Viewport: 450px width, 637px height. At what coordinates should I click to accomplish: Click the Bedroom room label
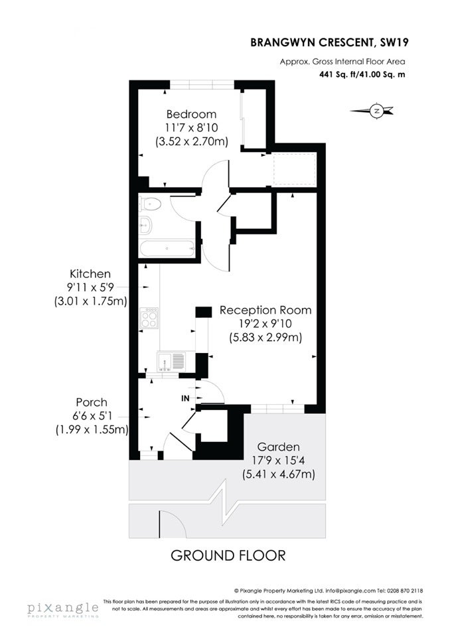[191, 114]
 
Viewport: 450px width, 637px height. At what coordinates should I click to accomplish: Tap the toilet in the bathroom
[149, 204]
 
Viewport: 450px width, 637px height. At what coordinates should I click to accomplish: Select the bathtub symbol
[167, 249]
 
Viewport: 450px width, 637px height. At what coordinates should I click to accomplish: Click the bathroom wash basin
[145, 226]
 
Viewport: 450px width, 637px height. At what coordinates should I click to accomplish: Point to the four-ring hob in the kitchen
[149, 318]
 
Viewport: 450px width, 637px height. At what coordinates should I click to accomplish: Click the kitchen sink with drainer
[171, 361]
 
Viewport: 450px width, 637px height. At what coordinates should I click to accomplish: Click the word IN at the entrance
[185, 399]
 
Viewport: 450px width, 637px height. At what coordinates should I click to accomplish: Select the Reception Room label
[265, 311]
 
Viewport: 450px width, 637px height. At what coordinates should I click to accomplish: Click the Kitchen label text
[90, 274]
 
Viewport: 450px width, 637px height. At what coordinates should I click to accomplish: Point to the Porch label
[92, 402]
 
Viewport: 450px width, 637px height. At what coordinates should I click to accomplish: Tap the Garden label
[279, 447]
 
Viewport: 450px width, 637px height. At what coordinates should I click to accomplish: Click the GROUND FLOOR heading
[228, 555]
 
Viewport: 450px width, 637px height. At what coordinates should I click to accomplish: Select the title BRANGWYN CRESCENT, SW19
[330, 42]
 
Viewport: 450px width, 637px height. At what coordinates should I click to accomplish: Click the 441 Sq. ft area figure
[339, 74]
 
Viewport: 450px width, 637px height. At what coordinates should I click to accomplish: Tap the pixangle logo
[63, 609]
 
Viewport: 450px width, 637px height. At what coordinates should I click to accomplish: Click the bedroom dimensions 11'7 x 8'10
[191, 127]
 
